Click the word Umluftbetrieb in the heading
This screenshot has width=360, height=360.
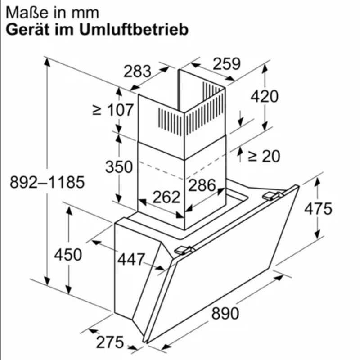click(x=134, y=30)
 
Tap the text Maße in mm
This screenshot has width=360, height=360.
click(x=52, y=13)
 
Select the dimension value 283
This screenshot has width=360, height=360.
click(x=137, y=72)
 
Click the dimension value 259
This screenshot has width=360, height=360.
click(x=227, y=63)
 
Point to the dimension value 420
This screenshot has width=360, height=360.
click(x=264, y=96)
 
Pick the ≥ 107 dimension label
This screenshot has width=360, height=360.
click(x=113, y=110)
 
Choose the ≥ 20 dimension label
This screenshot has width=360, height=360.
click(x=264, y=156)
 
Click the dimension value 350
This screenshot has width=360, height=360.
click(x=119, y=166)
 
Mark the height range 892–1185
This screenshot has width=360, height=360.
click(x=47, y=182)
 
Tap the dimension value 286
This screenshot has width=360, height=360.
click(x=202, y=185)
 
